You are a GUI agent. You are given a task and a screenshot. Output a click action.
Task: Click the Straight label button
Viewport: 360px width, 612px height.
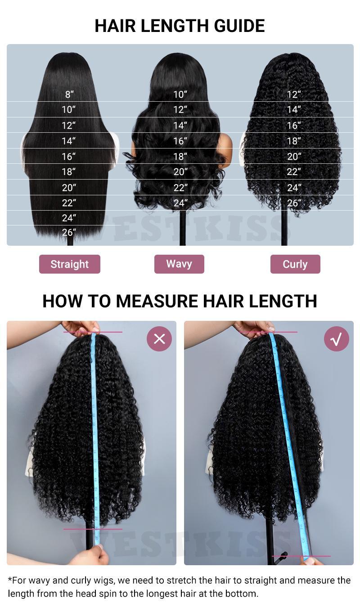coord(70,264)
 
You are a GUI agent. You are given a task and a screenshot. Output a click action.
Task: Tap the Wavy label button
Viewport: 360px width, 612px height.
coord(179,264)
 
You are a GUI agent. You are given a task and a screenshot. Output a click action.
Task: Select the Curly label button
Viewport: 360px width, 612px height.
coord(295,264)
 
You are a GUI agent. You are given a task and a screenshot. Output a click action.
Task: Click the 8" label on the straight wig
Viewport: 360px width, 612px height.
coord(69,94)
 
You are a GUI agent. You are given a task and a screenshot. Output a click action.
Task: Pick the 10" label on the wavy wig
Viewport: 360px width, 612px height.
coord(180,94)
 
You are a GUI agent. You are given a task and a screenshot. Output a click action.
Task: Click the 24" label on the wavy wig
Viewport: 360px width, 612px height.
coord(180,203)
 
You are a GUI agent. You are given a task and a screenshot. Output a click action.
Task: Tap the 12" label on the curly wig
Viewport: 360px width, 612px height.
coord(294,94)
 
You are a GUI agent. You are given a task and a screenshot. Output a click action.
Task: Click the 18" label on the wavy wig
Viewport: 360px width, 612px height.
coord(180,157)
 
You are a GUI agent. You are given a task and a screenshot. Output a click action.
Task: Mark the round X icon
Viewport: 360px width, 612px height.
coord(159,339)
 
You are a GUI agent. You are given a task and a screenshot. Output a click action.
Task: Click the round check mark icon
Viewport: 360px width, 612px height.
coord(337,339)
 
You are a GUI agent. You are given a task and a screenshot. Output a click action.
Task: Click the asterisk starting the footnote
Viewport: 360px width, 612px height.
coord(10,580)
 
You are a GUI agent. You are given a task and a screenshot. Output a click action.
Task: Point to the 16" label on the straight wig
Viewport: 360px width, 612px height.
coord(69,157)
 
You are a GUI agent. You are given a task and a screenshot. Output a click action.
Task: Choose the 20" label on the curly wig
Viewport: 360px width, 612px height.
coord(294,157)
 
